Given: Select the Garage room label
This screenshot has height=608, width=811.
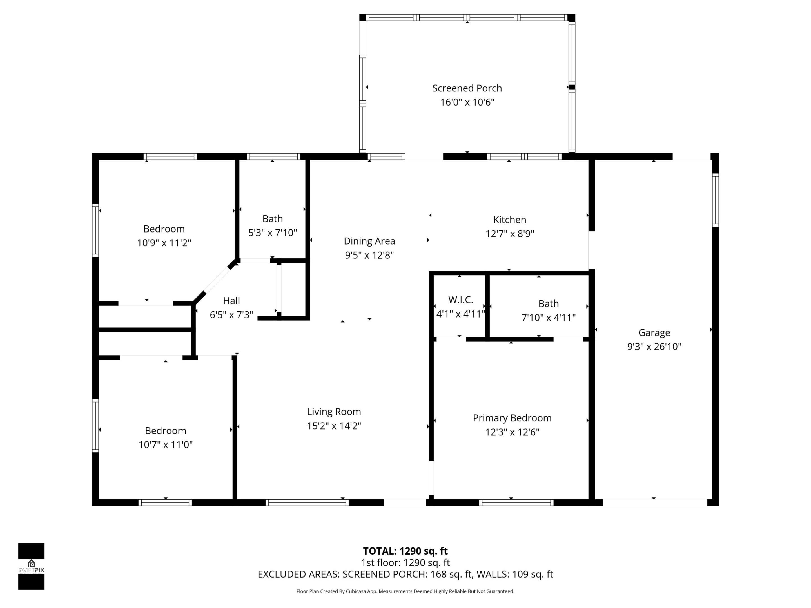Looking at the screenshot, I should [x=654, y=333].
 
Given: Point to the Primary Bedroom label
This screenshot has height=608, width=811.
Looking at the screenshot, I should [x=512, y=418].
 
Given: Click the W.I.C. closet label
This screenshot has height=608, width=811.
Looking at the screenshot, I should [x=460, y=300].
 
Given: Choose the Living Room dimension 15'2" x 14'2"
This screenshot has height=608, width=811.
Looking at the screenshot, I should [x=334, y=426].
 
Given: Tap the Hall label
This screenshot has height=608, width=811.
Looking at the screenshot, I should [x=231, y=301].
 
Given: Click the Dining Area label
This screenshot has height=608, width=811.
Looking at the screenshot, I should [x=369, y=241].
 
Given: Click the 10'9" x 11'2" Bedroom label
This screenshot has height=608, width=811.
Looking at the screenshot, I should [x=164, y=229].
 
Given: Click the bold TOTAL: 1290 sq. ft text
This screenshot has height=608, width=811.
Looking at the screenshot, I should [x=405, y=551].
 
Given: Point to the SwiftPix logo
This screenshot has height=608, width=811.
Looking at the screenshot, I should [x=31, y=566].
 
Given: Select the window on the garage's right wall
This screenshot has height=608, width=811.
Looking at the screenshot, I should [x=715, y=200].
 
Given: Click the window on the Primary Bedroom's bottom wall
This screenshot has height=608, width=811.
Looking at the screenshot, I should [x=516, y=502].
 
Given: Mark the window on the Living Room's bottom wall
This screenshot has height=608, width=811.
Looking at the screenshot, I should [x=307, y=502].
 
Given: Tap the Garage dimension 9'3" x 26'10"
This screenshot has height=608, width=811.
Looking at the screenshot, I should [x=654, y=347].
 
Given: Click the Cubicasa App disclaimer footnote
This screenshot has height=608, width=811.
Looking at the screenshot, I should [x=405, y=591].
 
